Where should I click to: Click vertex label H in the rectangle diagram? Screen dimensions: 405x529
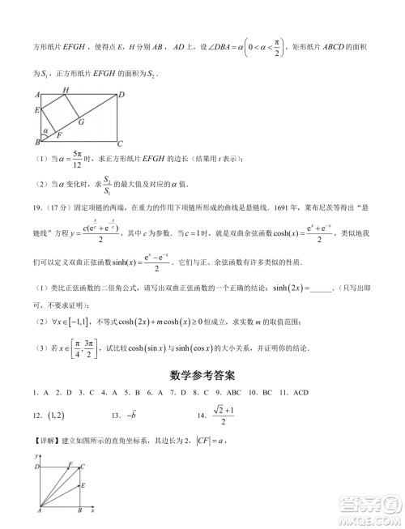[66, 89]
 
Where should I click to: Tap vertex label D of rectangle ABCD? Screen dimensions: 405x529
[122, 94]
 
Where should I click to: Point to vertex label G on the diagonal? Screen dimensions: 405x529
[81, 122]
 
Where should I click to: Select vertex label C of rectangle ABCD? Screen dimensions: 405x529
[120, 143]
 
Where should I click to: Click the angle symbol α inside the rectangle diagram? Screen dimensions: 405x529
[46, 129]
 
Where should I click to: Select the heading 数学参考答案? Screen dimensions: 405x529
[202, 376]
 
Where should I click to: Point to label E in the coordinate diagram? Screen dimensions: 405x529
[83, 484]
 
